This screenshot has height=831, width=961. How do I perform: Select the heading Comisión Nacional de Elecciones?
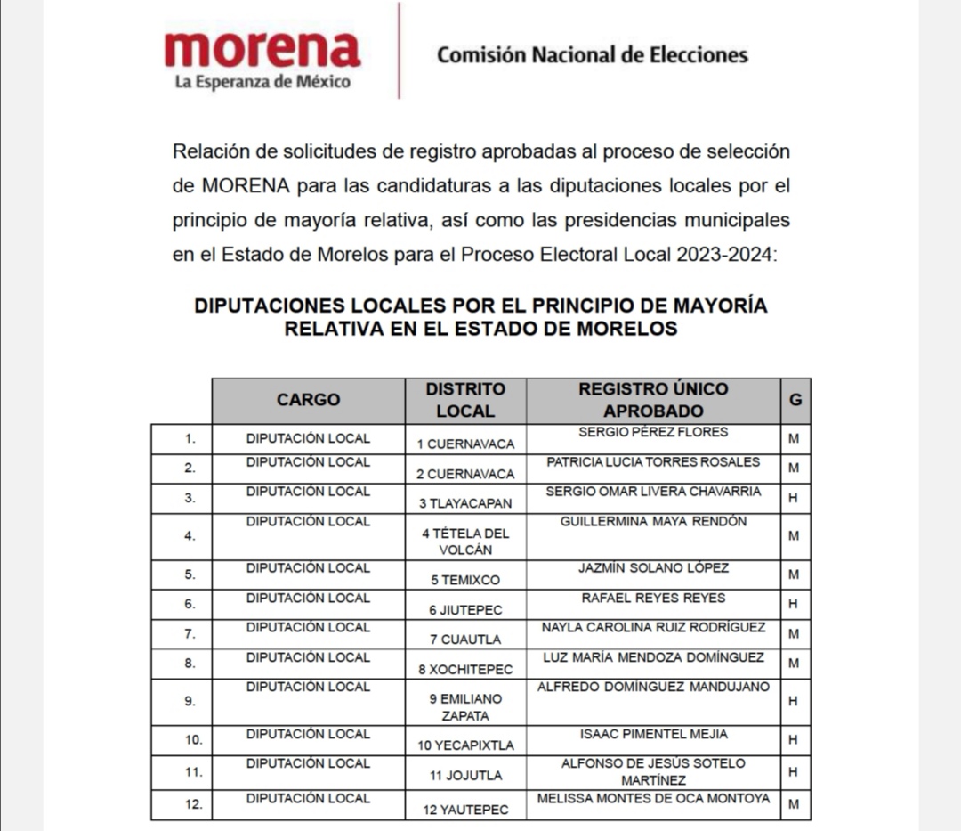[x=592, y=55]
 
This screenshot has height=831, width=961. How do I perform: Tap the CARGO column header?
[x=308, y=400]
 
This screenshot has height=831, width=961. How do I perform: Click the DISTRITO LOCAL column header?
[x=465, y=400]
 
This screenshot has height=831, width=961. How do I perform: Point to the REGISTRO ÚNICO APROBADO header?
[x=653, y=400]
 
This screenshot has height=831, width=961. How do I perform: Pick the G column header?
[x=795, y=400]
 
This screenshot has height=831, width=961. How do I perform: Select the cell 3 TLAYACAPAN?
[x=465, y=503]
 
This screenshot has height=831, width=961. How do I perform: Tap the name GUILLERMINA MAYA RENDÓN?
[x=653, y=521]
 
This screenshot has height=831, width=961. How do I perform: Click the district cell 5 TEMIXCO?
[x=465, y=580]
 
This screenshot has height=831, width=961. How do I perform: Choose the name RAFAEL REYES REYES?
[x=653, y=598]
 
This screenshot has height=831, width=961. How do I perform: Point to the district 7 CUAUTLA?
[x=465, y=639]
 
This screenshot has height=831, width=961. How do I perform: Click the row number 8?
[x=190, y=664]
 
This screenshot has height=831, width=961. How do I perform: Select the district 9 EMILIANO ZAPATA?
[x=465, y=707]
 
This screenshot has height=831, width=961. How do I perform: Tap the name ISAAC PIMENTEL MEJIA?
[x=653, y=734]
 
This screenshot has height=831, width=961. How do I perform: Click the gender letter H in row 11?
[x=794, y=772]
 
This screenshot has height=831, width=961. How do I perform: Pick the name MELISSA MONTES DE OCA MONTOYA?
[x=653, y=799]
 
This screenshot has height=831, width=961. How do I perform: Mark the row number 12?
[x=194, y=804]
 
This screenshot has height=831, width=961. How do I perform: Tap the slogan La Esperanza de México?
[x=262, y=83]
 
